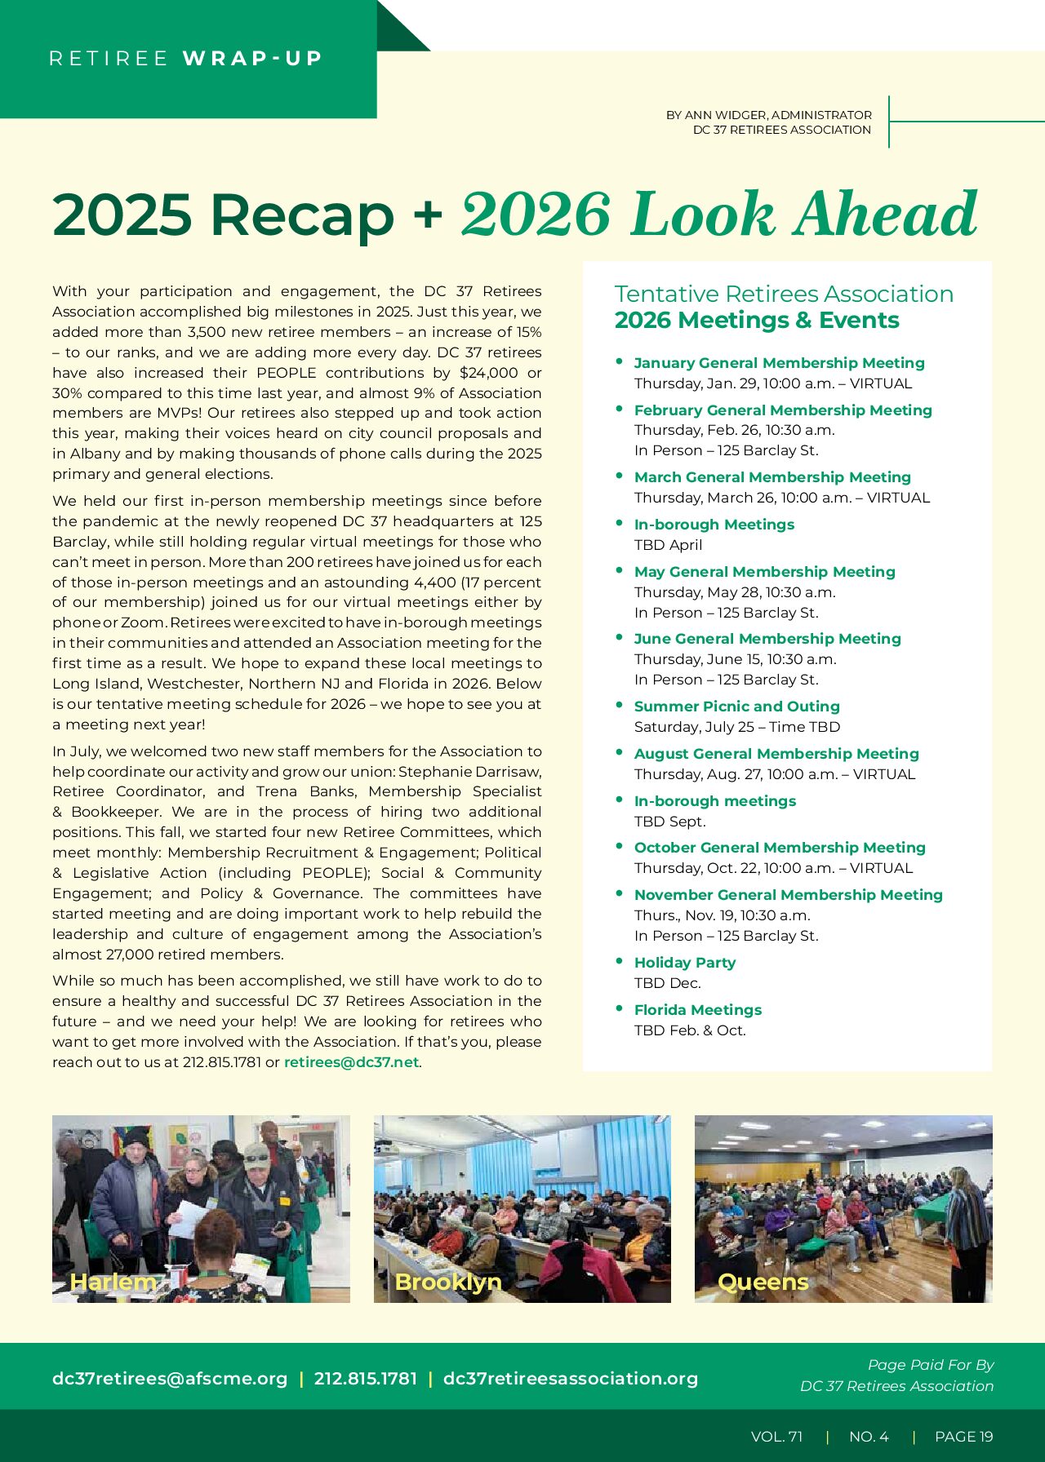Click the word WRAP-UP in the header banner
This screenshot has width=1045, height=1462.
tap(252, 59)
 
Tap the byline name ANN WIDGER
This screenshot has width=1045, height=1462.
tap(725, 115)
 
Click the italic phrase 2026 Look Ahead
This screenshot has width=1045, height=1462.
tap(718, 215)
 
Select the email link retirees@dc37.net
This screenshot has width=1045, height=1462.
tap(351, 1062)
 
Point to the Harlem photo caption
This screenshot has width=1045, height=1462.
tap(113, 1282)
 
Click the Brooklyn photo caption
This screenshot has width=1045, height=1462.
tap(447, 1282)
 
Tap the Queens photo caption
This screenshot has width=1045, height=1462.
tap(763, 1282)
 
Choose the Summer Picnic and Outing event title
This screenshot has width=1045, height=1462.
tap(736, 707)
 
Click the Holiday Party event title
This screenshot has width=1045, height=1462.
tap(684, 963)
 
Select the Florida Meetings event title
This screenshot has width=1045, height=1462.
tap(697, 1010)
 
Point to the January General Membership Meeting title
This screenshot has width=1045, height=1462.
tap(779, 363)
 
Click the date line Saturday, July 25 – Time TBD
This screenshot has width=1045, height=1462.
tap(736, 727)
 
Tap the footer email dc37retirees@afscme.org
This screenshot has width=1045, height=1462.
tap(170, 1379)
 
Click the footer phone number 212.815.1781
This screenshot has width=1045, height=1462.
tap(365, 1379)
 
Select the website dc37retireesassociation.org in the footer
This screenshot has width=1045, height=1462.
tap(570, 1379)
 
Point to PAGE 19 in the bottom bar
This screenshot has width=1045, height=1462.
tap(963, 1437)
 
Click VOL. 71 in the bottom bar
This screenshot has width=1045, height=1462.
tap(776, 1437)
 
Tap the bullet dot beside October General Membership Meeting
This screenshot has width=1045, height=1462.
tap(620, 846)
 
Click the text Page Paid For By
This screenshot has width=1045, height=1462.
tap(931, 1365)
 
